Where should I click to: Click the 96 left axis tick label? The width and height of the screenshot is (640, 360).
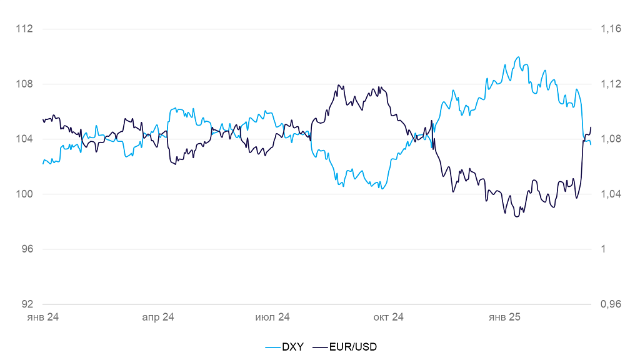pyautogui.click(x=27, y=249)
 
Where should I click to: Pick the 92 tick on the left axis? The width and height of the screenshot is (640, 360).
pyautogui.click(x=27, y=304)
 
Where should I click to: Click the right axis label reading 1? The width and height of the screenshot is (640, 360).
pyautogui.click(x=603, y=249)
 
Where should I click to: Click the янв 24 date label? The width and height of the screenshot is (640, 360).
pyautogui.click(x=42, y=317)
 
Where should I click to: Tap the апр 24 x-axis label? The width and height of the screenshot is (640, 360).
pyautogui.click(x=158, y=317)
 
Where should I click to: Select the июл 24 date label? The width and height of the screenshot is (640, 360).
pyautogui.click(x=272, y=317)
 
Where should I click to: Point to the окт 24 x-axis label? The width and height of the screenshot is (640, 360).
pyautogui.click(x=388, y=317)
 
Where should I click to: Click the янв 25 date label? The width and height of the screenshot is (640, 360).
pyautogui.click(x=504, y=317)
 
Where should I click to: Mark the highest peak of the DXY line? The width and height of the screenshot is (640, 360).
pyautogui.click(x=518, y=57)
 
